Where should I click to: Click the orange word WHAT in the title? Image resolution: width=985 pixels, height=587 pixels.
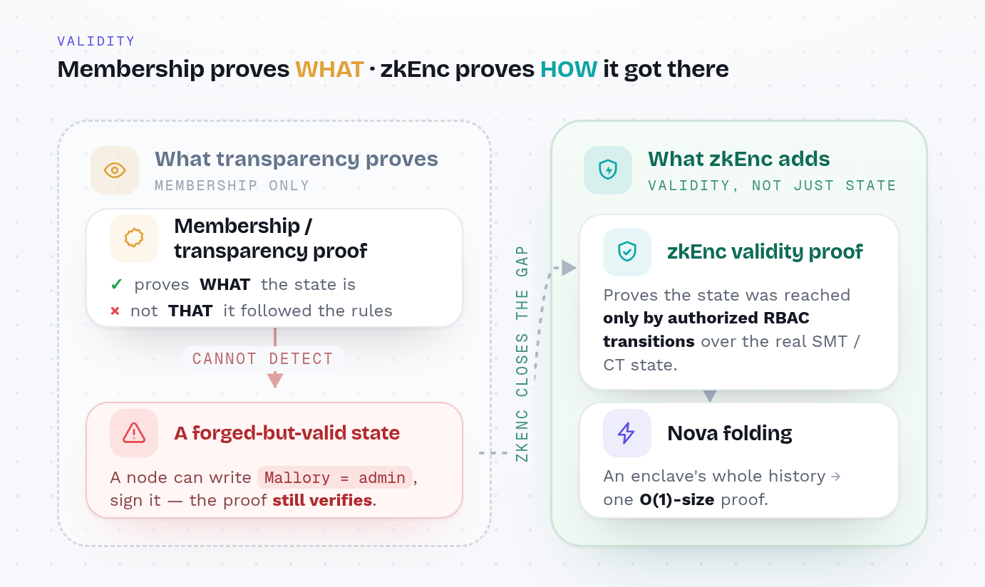click(329, 69)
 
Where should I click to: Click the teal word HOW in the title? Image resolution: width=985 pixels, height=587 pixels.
click(569, 69)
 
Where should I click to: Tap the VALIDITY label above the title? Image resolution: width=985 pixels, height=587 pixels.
click(96, 41)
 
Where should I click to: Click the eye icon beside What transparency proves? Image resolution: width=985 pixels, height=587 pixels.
click(115, 170)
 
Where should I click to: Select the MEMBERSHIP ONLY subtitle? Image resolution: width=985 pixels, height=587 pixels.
click(232, 185)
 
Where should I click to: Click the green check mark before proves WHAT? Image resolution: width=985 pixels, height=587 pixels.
click(116, 284)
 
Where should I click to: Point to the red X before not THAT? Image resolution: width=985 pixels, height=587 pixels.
click(115, 311)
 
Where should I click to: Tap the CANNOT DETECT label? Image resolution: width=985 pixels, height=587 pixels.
click(262, 358)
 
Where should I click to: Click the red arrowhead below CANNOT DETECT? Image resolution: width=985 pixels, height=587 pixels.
click(275, 380)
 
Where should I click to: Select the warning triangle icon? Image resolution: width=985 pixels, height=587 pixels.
click(134, 433)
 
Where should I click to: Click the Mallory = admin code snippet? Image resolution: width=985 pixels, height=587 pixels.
click(335, 477)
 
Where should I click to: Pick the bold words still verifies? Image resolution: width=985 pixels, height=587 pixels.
click(322, 500)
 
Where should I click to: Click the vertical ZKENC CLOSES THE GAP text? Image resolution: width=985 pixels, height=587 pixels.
click(522, 353)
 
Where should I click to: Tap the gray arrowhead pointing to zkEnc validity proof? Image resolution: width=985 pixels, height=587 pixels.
click(569, 268)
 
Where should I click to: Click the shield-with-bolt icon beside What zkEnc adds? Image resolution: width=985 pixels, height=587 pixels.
click(608, 170)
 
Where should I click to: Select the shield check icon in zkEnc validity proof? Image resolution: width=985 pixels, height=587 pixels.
click(627, 251)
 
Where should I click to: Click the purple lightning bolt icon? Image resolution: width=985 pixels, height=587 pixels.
click(626, 433)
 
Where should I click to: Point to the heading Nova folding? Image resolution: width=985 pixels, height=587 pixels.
click(730, 433)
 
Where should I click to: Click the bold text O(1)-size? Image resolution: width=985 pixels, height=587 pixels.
click(677, 499)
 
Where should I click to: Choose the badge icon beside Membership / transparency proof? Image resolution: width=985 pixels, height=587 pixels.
click(134, 238)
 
